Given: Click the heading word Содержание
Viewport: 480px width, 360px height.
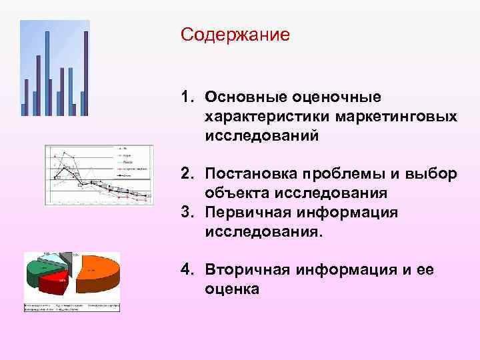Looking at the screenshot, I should coord(235,34).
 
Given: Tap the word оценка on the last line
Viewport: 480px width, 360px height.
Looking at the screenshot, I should coord(232,289).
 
